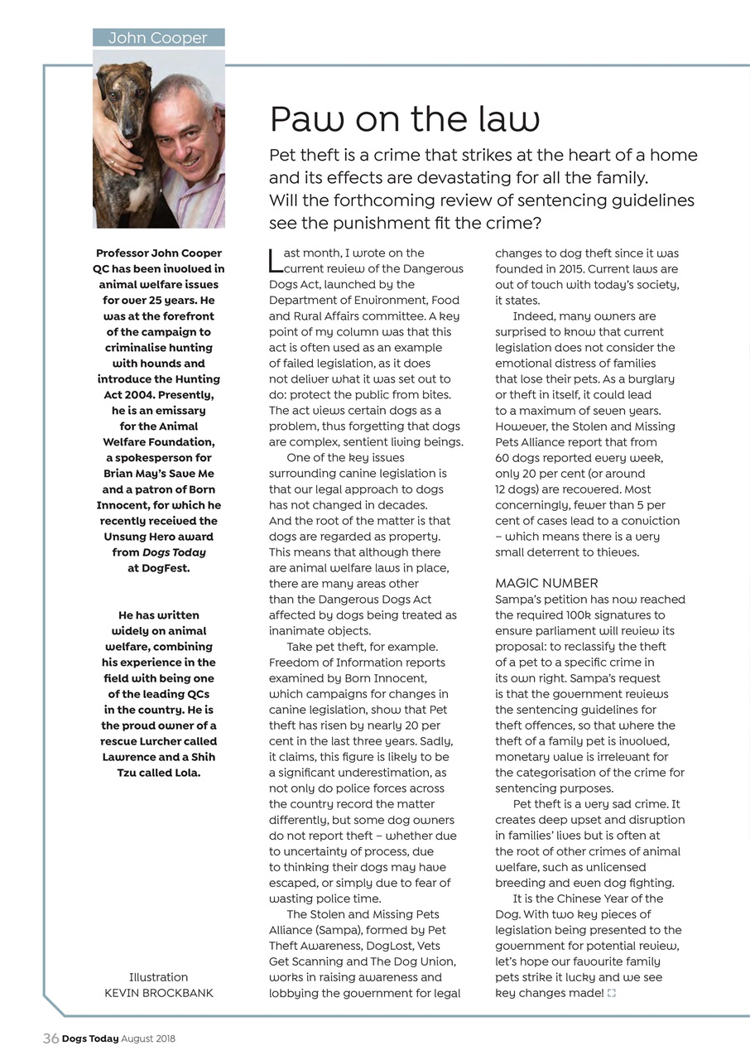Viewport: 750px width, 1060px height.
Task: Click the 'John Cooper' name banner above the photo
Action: tap(158, 38)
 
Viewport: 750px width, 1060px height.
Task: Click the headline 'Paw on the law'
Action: tap(405, 119)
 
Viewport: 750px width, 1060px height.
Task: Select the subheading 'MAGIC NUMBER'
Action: tap(546, 584)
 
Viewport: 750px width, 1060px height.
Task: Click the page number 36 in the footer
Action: tap(50, 1038)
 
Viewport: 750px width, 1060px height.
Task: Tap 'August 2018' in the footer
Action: tap(148, 1038)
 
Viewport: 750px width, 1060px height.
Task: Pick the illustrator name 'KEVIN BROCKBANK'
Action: tap(159, 993)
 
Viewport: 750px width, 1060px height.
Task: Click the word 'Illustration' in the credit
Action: tap(159, 977)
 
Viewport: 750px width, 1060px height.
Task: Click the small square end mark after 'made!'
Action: tap(612, 993)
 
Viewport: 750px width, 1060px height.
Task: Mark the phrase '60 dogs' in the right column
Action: tap(518, 458)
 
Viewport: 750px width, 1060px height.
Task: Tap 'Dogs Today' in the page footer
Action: tap(90, 1038)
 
